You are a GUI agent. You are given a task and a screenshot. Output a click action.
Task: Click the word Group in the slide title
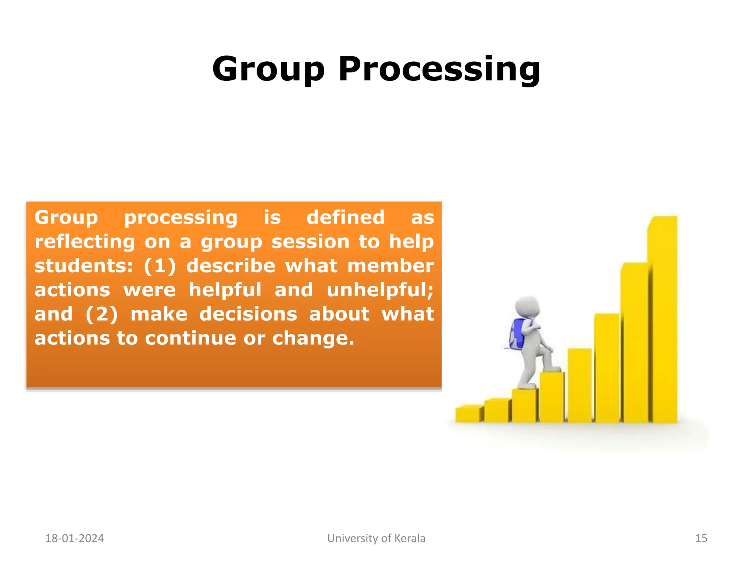269,70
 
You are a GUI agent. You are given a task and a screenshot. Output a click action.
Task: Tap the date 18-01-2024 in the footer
75,538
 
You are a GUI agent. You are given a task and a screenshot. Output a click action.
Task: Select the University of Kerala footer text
376,538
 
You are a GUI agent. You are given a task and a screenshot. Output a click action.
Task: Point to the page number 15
701,538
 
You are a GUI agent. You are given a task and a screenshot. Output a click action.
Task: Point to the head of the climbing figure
527,305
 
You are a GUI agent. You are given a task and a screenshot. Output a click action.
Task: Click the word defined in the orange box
346,217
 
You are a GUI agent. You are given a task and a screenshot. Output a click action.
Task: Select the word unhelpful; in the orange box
380,290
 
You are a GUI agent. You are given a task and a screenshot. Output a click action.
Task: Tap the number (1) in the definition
160,266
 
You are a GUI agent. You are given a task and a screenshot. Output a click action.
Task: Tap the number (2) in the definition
101,314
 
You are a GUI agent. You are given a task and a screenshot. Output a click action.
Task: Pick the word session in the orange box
310,242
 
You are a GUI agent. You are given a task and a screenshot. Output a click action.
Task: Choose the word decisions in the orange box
248,314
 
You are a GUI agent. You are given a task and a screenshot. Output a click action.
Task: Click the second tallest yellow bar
635,341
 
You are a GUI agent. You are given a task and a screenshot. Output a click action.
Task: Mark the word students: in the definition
83,266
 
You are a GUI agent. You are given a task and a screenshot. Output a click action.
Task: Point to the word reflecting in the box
85,242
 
